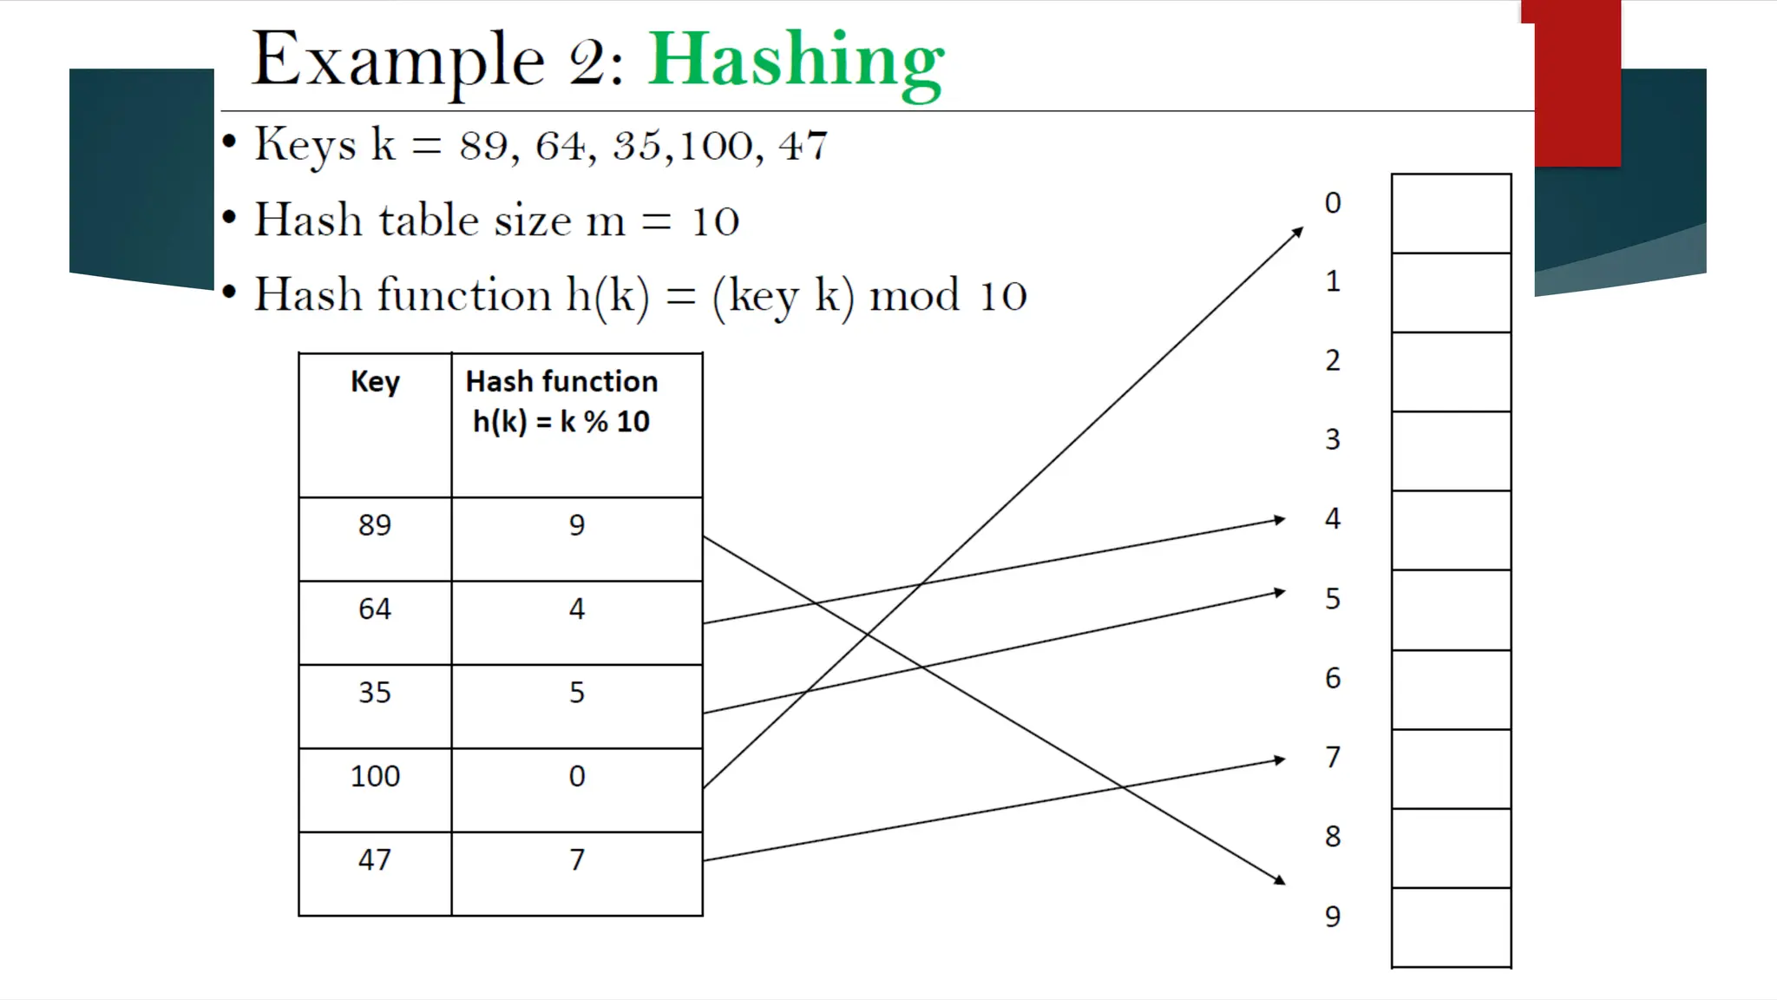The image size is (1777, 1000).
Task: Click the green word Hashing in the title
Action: pos(796,61)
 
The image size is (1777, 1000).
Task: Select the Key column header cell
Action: pos(375,424)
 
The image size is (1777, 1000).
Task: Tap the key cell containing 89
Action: pos(375,538)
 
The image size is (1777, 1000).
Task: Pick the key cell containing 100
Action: pos(375,789)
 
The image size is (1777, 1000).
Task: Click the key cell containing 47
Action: pos(375,873)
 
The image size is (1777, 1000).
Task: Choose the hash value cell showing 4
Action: pos(577,622)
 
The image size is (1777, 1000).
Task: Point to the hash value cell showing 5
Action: pos(577,706)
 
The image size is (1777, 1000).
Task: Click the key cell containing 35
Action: pos(375,706)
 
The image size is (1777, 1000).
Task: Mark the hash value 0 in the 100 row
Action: pos(577,789)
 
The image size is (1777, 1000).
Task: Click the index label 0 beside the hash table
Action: pos(1333,203)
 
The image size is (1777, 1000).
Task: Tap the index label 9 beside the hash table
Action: pos(1333,916)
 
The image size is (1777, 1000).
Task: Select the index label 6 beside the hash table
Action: pos(1333,678)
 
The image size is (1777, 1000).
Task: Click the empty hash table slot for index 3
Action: pos(1451,451)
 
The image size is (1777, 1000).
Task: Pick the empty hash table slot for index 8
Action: pos(1451,847)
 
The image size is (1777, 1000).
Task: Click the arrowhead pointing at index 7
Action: pos(1279,760)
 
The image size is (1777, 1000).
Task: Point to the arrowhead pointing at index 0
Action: pos(1298,232)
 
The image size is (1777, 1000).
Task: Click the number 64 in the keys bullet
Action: pos(561,146)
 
